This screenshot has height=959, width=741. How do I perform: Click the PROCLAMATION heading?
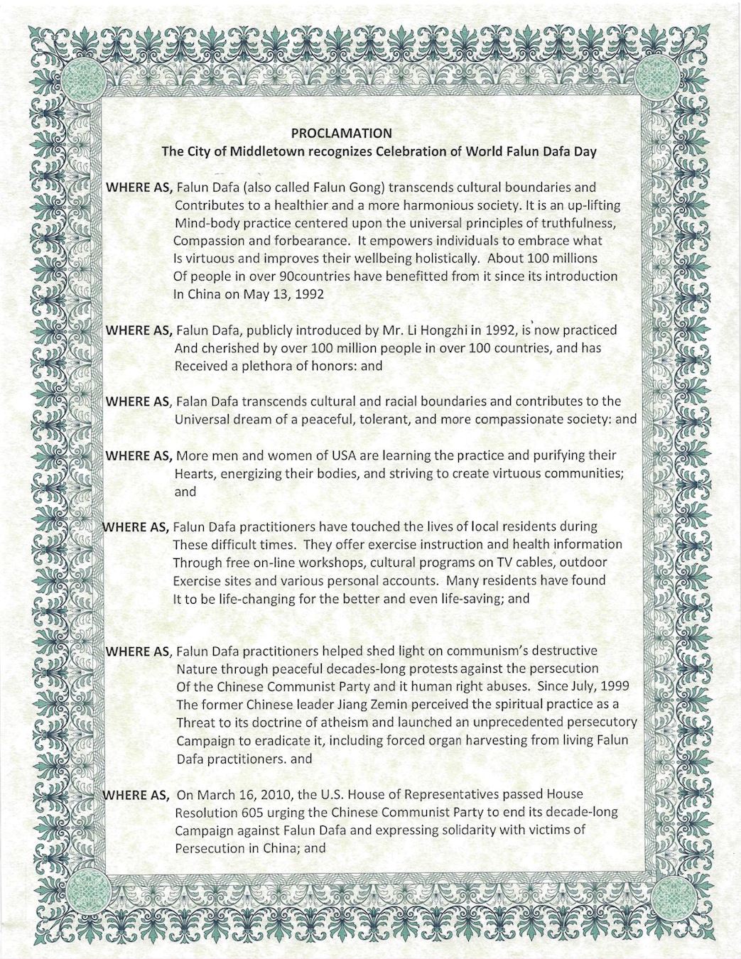click(x=341, y=132)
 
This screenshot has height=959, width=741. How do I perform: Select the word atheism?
click(x=334, y=722)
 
